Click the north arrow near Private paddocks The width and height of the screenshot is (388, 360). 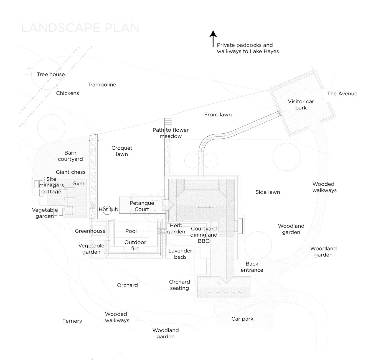[213, 39]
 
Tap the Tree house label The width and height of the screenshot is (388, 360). [51, 74]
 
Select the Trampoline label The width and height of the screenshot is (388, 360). [102, 85]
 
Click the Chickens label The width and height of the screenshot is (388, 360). [67, 93]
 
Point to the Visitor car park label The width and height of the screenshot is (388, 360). [301, 104]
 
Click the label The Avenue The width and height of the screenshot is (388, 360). [342, 93]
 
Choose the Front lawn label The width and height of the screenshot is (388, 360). [218, 114]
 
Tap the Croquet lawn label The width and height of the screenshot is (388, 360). [122, 151]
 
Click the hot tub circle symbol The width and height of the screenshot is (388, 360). [107, 210]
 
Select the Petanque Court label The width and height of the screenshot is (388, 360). [142, 206]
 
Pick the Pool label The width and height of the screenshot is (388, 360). [131, 231]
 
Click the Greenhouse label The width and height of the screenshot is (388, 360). [90, 231]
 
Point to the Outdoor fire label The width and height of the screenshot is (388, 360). [135, 245]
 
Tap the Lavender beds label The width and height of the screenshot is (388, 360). [180, 254]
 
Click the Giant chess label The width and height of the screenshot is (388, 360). [70, 172]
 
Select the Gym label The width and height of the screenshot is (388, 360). [78, 183]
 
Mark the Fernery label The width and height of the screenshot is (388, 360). [72, 321]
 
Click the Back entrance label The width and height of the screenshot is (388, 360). [252, 267]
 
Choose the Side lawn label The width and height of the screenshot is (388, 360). [268, 192]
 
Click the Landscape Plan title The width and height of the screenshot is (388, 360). [80, 28]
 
